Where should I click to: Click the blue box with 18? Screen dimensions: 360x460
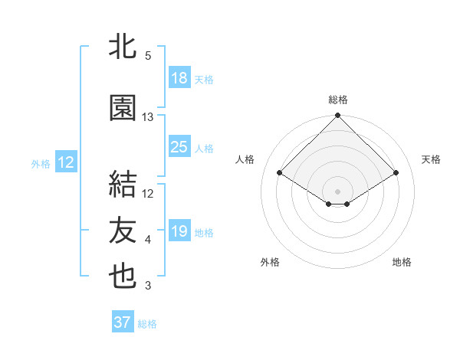tap(179, 79)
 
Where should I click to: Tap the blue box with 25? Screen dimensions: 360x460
tap(179, 147)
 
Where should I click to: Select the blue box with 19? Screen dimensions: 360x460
tap(179, 231)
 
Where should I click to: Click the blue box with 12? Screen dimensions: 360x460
tap(65, 162)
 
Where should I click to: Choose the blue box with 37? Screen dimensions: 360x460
tap(123, 322)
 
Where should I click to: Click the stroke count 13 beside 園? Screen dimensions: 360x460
tap(148, 117)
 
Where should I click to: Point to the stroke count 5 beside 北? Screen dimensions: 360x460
tap(148, 56)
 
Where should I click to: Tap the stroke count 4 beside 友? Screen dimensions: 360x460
tap(148, 240)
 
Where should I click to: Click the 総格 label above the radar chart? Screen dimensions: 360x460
tap(338, 100)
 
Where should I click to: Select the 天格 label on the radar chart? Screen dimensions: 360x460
tap(432, 159)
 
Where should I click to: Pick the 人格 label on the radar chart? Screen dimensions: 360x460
tap(245, 159)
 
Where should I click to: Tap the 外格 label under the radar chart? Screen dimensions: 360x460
tap(270, 262)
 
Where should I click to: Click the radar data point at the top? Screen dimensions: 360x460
tap(338, 116)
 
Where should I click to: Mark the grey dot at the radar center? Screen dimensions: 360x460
tap(337, 190)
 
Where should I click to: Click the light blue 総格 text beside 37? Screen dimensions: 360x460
tap(147, 324)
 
